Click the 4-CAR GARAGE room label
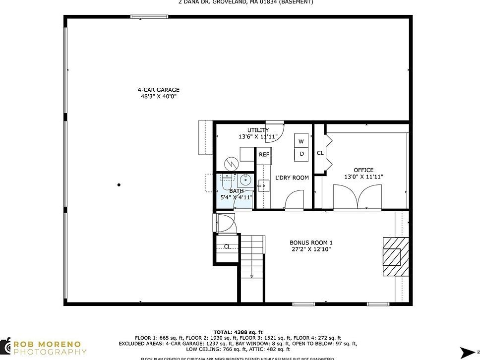pos(158,90)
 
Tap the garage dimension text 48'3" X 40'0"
pos(158,96)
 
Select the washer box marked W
pos(301,141)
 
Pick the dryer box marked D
pos(301,154)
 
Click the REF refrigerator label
pos(264,155)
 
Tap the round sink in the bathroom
pos(244,180)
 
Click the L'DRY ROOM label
pos(292,178)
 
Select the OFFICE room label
pos(363,170)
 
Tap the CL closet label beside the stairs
pos(227,246)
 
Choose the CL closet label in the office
pos(320,153)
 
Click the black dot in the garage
pos(119,185)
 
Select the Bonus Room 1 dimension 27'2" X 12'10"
pos(310,249)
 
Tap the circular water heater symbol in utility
pos(231,163)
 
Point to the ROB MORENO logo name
pos(50,345)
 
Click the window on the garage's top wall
pos(146,17)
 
